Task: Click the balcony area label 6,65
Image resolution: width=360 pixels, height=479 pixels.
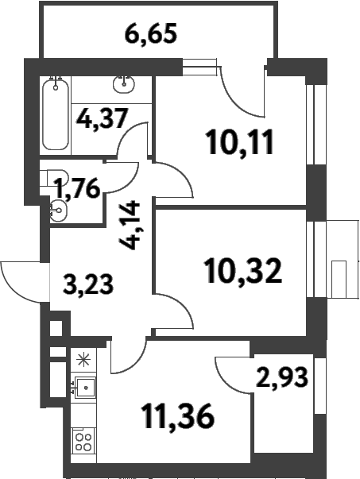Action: (150, 35)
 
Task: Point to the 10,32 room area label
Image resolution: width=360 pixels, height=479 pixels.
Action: (242, 272)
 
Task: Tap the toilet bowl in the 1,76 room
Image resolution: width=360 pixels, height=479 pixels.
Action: (57, 211)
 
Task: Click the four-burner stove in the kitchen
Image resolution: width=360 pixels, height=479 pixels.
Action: (83, 441)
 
